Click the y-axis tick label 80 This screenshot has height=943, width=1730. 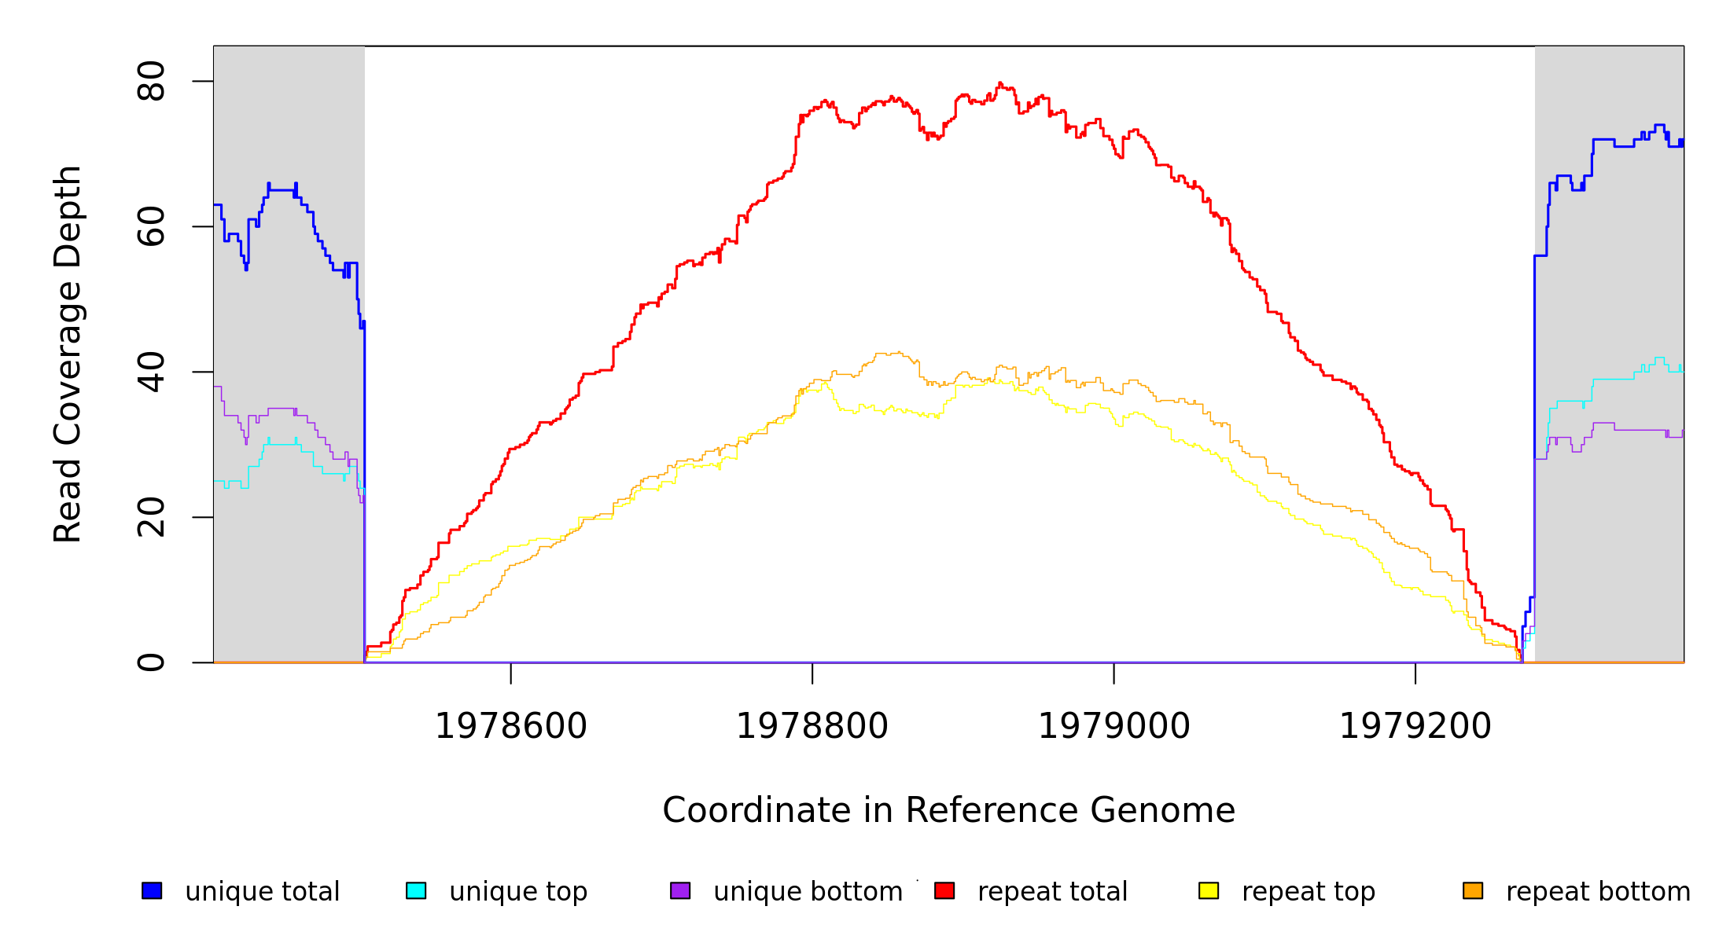click(x=151, y=81)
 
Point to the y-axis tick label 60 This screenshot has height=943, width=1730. click(x=151, y=226)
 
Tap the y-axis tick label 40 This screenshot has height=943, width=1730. click(x=151, y=372)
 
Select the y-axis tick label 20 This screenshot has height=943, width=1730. click(x=151, y=517)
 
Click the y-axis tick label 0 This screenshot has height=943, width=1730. click(x=151, y=662)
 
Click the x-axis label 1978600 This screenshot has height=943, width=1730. click(x=511, y=726)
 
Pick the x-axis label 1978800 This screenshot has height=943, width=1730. click(x=812, y=726)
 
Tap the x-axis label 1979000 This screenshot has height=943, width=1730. click(x=1114, y=726)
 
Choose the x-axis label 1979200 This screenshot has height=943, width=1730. click(x=1415, y=726)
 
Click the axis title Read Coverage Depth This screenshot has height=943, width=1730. click(x=68, y=354)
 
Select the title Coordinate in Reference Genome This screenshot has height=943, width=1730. click(x=948, y=810)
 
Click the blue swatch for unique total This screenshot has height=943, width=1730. click(x=152, y=890)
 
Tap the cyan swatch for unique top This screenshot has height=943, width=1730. click(x=416, y=890)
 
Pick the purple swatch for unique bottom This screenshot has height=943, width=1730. click(x=680, y=890)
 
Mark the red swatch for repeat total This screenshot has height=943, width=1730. click(x=944, y=890)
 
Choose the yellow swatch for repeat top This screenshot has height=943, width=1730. click(x=1209, y=890)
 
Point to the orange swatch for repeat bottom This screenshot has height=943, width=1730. click(x=1473, y=890)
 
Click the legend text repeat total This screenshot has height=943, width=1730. click(x=1052, y=892)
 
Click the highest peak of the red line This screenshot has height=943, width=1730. click(x=999, y=83)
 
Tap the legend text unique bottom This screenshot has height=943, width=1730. click(x=808, y=892)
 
